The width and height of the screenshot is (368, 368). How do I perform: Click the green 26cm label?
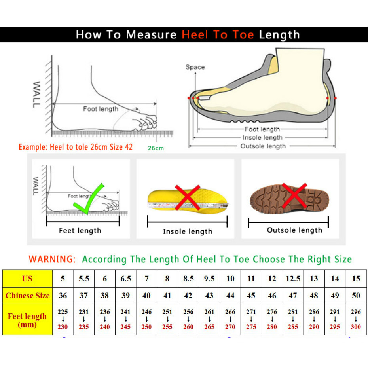click(156, 148)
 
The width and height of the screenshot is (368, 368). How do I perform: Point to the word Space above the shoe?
click(195, 67)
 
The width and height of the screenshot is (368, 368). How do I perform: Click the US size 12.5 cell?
click(293, 279)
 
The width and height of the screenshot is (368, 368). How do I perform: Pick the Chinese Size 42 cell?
click(188, 296)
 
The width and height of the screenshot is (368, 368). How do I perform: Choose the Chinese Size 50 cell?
click(356, 296)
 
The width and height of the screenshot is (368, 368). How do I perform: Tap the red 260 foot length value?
click(188, 327)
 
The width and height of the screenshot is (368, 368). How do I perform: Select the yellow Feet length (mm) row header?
click(27, 320)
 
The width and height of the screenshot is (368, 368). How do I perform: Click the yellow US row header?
click(27, 279)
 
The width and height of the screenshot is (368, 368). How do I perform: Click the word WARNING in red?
click(52, 259)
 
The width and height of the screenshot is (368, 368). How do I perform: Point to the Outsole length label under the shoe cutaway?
click(263, 146)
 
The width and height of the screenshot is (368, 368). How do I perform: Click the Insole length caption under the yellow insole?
click(188, 231)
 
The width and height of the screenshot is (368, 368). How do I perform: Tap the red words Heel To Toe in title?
click(218, 35)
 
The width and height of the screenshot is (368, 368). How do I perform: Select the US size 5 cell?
click(63, 279)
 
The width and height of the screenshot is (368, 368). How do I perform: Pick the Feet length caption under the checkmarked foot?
click(80, 231)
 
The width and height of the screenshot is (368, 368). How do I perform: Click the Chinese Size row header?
click(27, 296)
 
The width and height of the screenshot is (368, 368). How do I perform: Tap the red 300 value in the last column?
click(356, 327)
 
